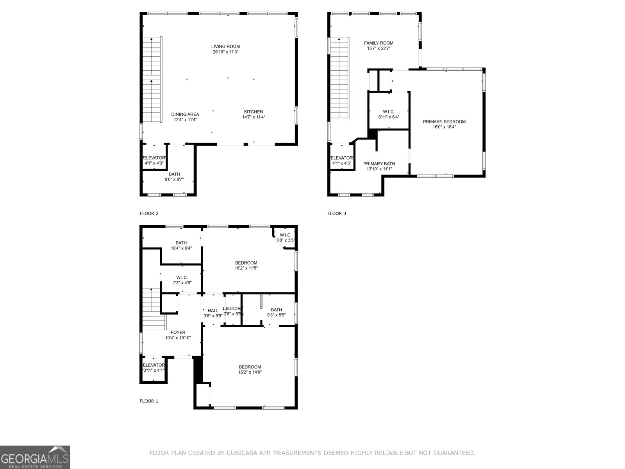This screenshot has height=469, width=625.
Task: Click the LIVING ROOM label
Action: coord(225,47)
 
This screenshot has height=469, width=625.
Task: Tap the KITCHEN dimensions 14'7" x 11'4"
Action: coord(254,117)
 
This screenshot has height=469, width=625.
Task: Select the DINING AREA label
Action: coord(185,115)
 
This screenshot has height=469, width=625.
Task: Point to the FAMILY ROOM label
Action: coord(379,43)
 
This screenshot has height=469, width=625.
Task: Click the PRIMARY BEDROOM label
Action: coord(444,122)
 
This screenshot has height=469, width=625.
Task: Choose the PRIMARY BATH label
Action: coord(379,164)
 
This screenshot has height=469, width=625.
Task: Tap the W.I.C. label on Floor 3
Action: coord(389,112)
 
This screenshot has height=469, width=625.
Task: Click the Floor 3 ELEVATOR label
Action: coord(342,158)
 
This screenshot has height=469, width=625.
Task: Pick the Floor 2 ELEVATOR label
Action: coord(154,158)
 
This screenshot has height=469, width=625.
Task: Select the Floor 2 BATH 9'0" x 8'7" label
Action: coord(174,177)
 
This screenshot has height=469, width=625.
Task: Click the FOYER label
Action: coord(178,332)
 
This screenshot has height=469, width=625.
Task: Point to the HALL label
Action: coord(213,311)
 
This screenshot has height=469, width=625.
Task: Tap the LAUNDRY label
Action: coord(233,308)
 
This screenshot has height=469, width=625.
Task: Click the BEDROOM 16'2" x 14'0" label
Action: coord(250,369)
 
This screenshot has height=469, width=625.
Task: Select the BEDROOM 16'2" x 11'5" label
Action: coord(246,265)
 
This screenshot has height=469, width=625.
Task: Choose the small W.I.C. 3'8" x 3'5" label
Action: coord(285,238)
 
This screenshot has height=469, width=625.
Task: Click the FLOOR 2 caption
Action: coord(149,213)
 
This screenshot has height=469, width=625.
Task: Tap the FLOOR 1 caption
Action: coord(149,401)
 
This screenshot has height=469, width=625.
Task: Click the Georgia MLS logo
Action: coord(35,457)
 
